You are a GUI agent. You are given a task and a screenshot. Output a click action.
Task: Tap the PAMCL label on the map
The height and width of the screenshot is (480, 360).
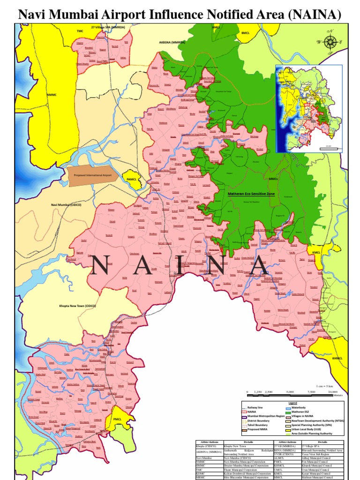[129, 180]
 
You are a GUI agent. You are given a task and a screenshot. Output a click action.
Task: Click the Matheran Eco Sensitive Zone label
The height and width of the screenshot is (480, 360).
[251, 193]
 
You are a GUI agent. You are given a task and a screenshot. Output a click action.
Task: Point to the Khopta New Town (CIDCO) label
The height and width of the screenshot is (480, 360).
[77, 305]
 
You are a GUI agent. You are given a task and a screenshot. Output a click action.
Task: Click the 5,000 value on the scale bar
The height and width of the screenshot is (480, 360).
[290, 391]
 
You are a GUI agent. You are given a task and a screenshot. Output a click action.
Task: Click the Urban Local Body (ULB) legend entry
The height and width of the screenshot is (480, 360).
[312, 429]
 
